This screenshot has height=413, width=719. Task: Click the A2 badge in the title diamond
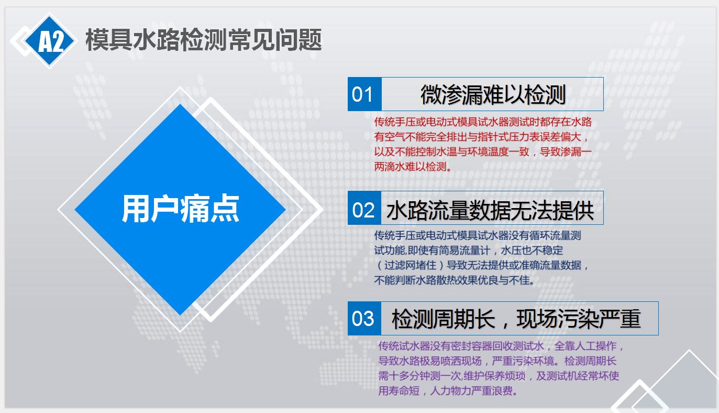(50, 41)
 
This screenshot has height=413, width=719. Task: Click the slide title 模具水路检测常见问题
(204, 40)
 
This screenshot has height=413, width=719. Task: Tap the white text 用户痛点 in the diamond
(180, 209)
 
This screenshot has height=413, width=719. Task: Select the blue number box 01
(364, 94)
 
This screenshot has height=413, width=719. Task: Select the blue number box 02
(364, 208)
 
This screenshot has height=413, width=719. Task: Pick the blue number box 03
(364, 318)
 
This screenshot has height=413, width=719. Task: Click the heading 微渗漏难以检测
(493, 95)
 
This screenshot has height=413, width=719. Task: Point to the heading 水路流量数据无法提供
(490, 210)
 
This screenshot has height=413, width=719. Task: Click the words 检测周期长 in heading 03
(444, 319)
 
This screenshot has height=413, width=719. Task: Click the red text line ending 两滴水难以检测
(413, 166)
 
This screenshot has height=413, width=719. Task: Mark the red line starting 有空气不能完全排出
(481, 137)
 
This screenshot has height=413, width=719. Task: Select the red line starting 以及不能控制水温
(483, 151)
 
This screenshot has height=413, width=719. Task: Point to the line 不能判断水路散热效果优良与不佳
(455, 280)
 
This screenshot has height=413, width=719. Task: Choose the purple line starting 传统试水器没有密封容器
(501, 346)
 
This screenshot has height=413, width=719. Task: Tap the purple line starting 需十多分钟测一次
(499, 376)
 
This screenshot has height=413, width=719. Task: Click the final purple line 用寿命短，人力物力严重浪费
(448, 390)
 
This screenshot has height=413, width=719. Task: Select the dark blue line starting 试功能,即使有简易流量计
(469, 250)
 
